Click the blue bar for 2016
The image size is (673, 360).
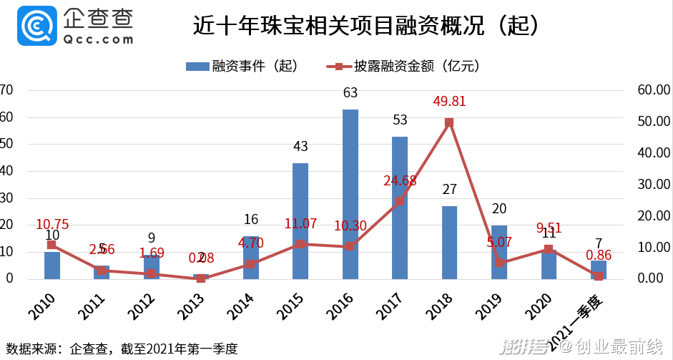tap(350, 194)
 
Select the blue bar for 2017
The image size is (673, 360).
tap(400, 208)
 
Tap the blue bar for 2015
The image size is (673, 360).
tap(300, 221)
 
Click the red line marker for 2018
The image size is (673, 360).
tap(449, 122)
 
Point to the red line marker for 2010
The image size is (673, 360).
tap(51, 245)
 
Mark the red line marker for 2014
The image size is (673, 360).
tap(250, 264)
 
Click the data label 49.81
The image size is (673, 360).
tap(449, 102)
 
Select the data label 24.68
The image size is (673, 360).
tap(400, 180)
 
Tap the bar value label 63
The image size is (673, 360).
tap(350, 93)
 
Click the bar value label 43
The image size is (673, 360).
tap(300, 147)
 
